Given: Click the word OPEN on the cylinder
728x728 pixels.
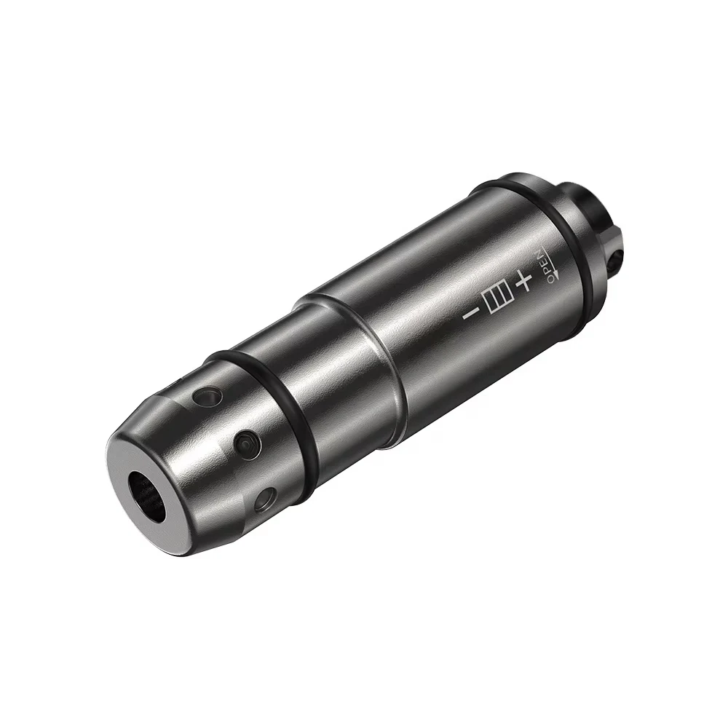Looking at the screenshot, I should (x=544, y=264).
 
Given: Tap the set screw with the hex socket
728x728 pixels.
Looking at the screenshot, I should (x=246, y=442).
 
